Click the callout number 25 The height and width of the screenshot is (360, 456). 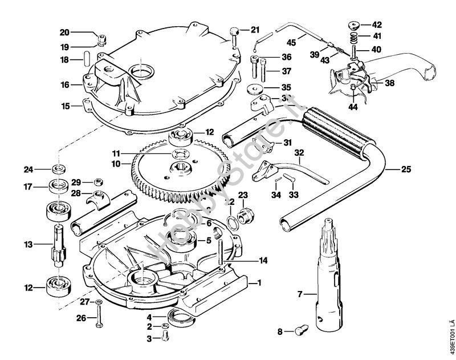(406, 169)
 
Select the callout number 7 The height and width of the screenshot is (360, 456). (300, 294)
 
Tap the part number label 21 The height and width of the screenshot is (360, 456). (254, 30)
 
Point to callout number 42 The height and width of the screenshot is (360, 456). (377, 25)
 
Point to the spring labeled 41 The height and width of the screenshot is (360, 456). (353, 37)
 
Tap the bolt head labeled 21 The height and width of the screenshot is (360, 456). (234, 31)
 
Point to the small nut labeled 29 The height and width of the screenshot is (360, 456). (97, 181)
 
